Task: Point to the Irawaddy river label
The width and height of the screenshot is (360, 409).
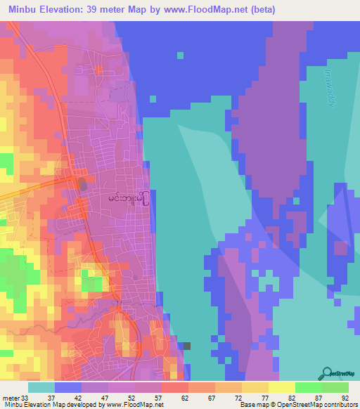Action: tap(328, 87)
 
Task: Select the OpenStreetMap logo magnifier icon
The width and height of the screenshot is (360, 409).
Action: tap(326, 373)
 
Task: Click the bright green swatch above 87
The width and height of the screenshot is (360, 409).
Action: tap(307, 387)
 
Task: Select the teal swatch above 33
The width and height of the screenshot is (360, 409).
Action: tap(41, 387)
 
